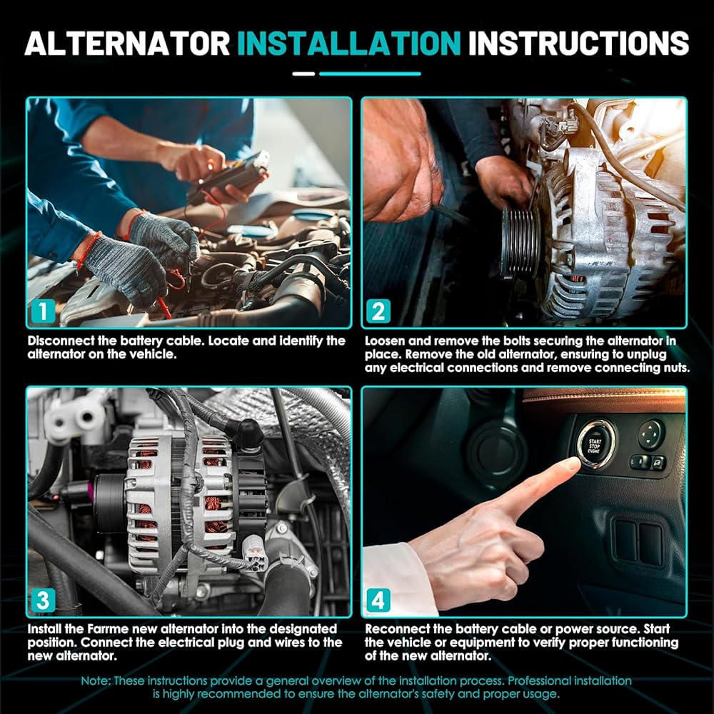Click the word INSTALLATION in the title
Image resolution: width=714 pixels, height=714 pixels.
tap(349, 44)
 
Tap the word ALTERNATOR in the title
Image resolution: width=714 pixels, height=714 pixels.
tap(128, 44)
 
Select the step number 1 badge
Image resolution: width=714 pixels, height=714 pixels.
tap(44, 311)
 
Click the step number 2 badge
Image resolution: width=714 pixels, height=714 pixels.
tap(378, 311)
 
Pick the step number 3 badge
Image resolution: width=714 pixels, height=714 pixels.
tap(44, 600)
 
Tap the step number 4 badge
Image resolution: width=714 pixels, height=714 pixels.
tap(378, 600)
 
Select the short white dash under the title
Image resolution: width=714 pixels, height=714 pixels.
tap(303, 74)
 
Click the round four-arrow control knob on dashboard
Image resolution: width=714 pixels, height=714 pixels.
tap(650, 434)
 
